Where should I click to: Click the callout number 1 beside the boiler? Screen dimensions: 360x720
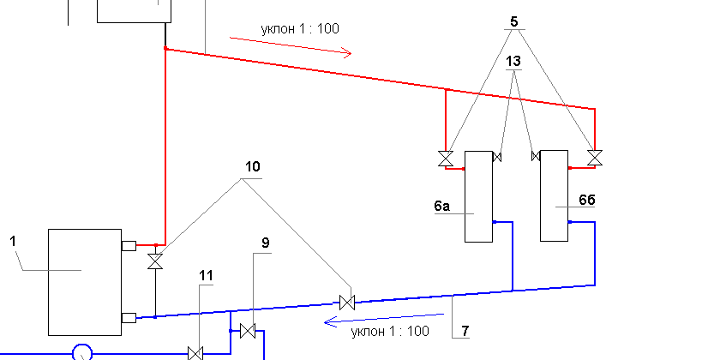13,242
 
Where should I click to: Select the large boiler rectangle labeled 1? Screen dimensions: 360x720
85,282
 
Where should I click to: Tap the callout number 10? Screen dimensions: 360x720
252,167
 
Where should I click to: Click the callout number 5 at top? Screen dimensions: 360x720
514,21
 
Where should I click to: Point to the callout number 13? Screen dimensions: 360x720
513,62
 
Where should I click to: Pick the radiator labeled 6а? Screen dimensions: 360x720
477,196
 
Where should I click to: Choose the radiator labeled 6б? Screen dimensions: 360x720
555,196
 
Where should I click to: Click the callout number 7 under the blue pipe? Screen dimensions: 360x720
465,330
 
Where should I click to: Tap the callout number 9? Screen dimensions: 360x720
265,243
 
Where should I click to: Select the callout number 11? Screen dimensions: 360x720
206,275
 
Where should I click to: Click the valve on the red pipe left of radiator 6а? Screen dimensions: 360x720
445,159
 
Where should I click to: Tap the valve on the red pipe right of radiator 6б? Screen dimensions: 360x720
594,159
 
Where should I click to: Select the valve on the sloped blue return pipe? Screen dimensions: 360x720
347,302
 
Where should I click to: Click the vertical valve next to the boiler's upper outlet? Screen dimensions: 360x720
155,261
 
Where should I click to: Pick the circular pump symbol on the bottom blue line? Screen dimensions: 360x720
82,352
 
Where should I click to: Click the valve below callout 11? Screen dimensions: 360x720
195,352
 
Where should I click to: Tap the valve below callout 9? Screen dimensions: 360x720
248,330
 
